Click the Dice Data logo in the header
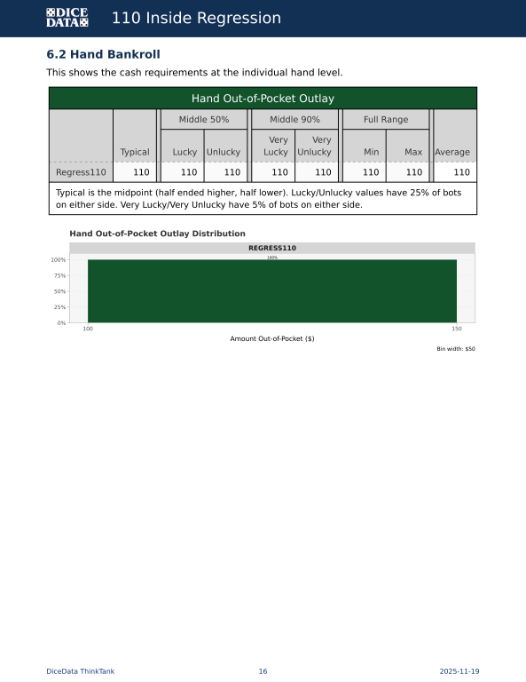(67, 18)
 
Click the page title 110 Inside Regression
(196, 19)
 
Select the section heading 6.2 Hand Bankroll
(103, 54)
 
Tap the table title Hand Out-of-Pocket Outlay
(263, 98)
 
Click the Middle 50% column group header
(204, 119)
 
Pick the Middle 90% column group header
(294, 119)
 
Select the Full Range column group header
(386, 119)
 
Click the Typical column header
(135, 152)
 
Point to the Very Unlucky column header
(315, 146)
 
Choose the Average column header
(452, 152)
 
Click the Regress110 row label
(81, 172)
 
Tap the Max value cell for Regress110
(413, 172)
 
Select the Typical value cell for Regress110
(141, 172)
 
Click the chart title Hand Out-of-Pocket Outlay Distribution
(157, 234)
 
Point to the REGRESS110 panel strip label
(272, 248)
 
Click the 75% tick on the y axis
(58, 275)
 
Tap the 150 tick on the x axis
(457, 329)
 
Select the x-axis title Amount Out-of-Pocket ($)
(272, 338)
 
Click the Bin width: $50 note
(456, 349)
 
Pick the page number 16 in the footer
(263, 671)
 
